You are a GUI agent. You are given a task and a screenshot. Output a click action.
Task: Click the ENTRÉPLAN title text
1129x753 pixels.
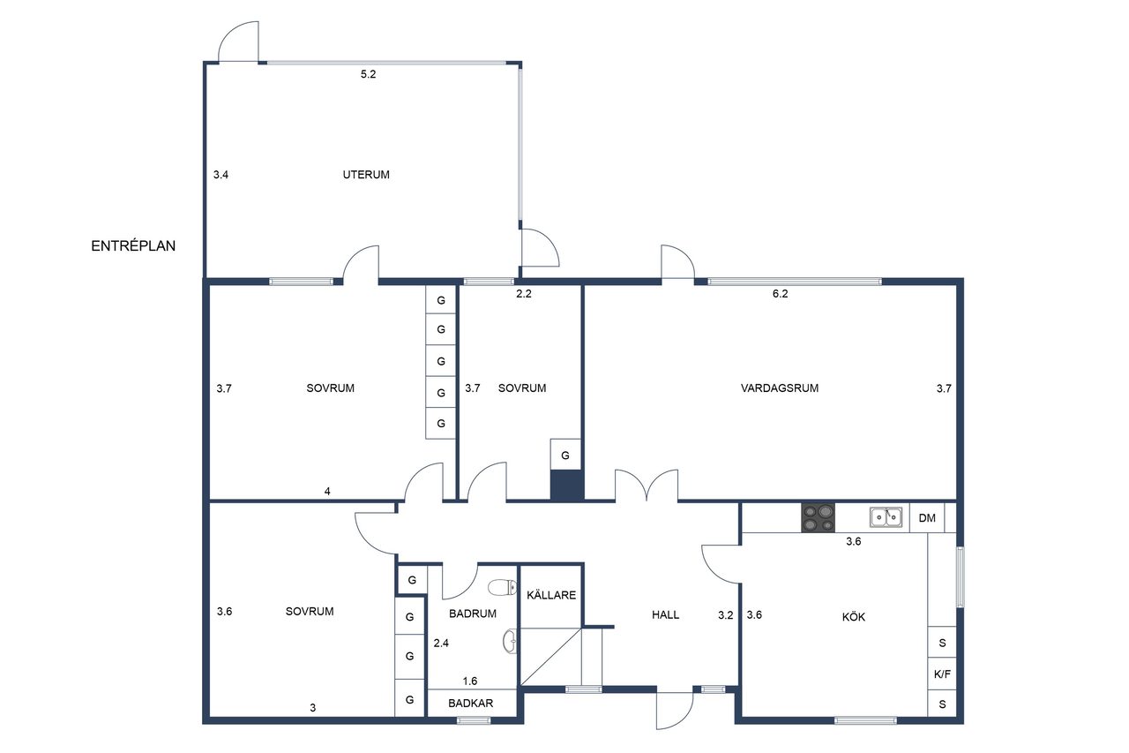(133, 245)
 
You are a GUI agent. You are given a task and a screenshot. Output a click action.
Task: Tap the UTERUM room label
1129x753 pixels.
(366, 175)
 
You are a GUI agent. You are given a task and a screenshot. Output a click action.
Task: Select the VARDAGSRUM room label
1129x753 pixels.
(779, 388)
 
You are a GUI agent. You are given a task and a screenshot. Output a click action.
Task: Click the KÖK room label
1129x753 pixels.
(853, 616)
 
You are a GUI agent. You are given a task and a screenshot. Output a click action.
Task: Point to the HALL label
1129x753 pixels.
(665, 614)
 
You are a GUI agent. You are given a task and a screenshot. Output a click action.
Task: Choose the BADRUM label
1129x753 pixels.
(472, 614)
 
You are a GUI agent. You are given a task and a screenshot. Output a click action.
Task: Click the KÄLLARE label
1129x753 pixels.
(551, 595)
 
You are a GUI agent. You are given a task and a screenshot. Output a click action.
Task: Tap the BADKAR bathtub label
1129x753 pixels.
(470, 703)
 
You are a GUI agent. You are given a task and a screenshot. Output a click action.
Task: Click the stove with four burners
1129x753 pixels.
(818, 517)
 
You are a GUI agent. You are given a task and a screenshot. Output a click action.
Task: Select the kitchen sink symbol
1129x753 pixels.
(886, 517)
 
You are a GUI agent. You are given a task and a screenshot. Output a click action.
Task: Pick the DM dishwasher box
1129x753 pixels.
(926, 517)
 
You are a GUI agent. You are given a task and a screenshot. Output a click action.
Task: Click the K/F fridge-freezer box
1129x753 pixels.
(941, 674)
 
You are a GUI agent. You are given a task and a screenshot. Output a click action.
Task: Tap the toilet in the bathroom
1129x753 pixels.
(503, 587)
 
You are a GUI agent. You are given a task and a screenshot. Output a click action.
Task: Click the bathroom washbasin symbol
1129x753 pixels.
(510, 641)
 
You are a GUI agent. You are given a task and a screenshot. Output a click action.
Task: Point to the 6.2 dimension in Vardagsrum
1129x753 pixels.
(780, 294)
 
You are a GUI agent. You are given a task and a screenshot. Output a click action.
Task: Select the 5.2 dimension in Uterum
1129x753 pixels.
(368, 74)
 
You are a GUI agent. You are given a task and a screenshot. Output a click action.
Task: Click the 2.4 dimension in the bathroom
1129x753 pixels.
(441, 643)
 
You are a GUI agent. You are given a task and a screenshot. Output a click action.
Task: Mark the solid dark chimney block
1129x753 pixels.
(566, 486)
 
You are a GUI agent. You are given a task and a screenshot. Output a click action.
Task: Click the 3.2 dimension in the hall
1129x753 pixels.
(725, 614)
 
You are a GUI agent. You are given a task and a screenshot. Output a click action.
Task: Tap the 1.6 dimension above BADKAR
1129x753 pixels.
(470, 681)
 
